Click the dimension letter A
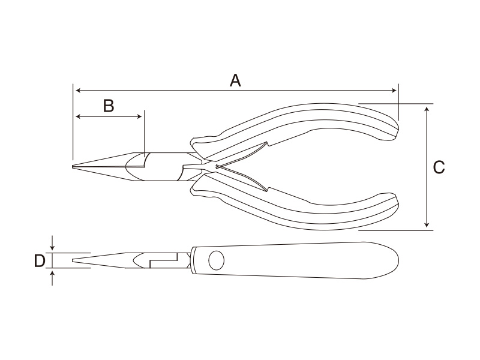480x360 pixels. point(235,80)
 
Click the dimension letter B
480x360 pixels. point(109,106)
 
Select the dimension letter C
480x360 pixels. point(439,167)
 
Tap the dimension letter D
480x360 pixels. point(40,261)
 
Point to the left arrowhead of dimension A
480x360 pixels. point(78,91)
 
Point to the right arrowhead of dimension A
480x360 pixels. point(394,91)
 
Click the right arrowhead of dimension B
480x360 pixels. point(139,116)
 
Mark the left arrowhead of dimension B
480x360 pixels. point(78,116)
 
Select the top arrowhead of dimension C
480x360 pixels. point(427,109)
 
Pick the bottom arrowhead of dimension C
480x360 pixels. point(427,225)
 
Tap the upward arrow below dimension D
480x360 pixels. point(52,278)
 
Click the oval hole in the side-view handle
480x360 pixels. point(216,260)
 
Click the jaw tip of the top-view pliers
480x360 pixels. point(73,167)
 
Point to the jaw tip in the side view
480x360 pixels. point(73,260)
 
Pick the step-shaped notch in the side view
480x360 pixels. point(163,260)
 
